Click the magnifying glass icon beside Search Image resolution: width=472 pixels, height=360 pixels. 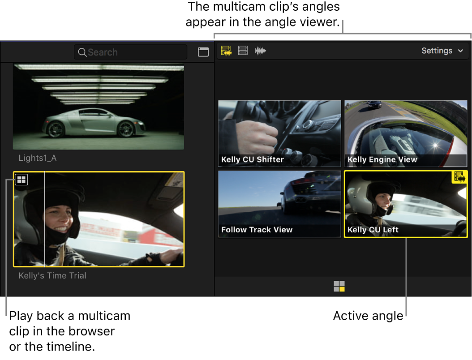(82, 52)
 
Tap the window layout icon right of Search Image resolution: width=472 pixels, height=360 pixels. (203, 52)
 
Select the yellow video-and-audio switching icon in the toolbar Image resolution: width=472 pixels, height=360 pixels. (226, 51)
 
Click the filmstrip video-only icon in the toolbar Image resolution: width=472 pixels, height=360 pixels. (243, 51)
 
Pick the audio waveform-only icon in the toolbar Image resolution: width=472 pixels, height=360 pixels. (261, 51)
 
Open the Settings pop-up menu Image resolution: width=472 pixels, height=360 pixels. (442, 51)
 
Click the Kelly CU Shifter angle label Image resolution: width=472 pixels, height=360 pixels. (253, 159)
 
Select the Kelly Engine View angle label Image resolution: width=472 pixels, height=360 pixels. (382, 159)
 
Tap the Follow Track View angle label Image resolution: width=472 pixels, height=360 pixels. (257, 230)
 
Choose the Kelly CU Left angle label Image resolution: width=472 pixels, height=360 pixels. (373, 230)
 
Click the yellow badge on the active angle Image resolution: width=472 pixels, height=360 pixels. (459, 177)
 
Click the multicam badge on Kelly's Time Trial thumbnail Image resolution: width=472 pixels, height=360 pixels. (21, 180)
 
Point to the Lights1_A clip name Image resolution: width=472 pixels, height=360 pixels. (38, 158)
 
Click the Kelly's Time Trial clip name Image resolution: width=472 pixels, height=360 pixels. (52, 275)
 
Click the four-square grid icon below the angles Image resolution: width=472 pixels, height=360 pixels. (339, 287)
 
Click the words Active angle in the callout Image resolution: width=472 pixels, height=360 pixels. (368, 316)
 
